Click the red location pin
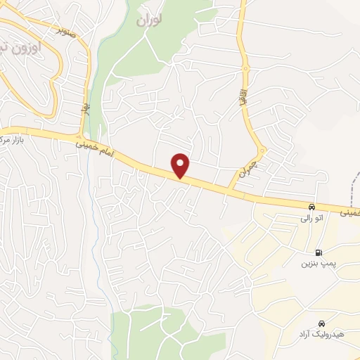(x=181, y=165)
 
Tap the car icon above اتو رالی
(x=311, y=207)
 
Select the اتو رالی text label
(x=311, y=219)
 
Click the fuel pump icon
(x=320, y=253)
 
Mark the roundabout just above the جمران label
(x=262, y=150)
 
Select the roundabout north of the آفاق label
(x=246, y=69)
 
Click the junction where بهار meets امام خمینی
(x=82, y=136)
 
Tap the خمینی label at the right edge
(x=350, y=211)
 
